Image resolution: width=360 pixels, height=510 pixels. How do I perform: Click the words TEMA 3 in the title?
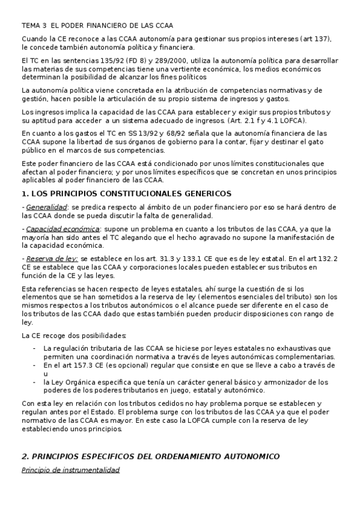pos(33,25)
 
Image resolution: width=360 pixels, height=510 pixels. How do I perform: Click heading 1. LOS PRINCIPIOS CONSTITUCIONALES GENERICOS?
pos(126,194)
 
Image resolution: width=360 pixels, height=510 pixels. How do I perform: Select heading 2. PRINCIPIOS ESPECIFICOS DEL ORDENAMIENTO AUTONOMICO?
pos(150,456)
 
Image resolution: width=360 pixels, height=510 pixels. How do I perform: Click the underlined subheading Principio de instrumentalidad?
pos(70,470)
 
